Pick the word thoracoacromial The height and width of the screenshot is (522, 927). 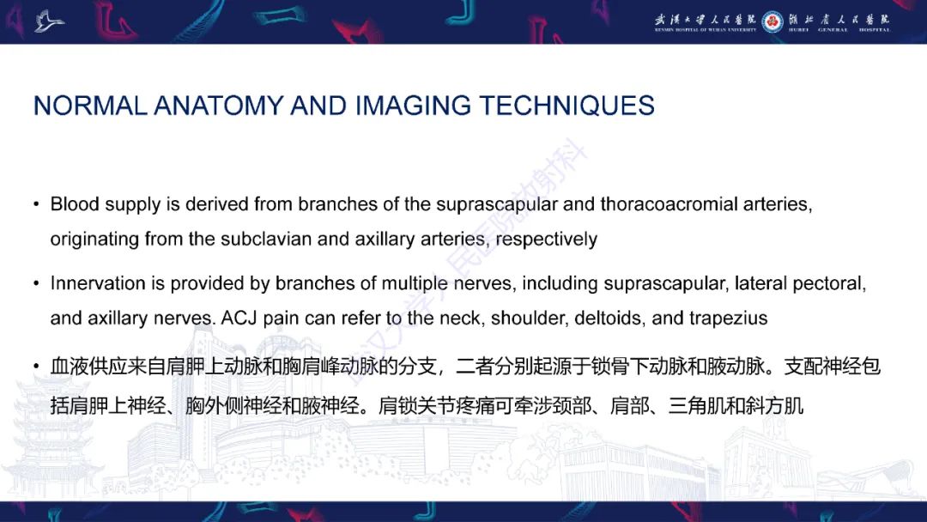click(x=669, y=204)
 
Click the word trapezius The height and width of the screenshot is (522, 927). click(x=727, y=318)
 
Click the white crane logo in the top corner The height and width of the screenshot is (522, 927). click(x=49, y=20)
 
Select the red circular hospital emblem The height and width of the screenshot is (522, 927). click(x=772, y=21)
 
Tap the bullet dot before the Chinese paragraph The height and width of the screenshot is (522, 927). click(x=36, y=367)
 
